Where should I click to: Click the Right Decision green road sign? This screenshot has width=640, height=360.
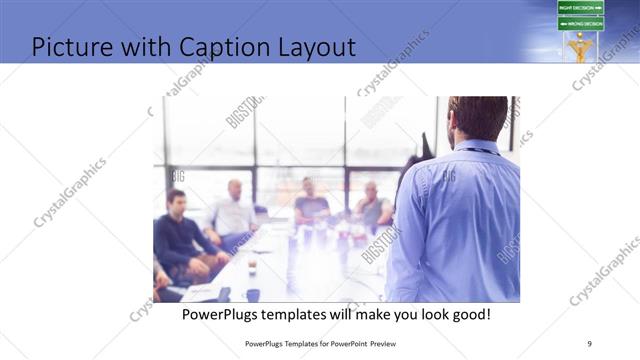tap(580, 8)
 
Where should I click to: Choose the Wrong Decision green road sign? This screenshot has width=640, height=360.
tap(580, 23)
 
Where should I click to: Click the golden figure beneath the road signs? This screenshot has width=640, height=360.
tap(580, 47)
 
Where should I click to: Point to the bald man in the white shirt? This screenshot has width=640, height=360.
tap(233, 211)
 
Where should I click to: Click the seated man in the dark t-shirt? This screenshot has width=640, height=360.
tap(311, 204)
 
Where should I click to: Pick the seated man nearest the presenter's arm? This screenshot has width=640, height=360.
tap(373, 206)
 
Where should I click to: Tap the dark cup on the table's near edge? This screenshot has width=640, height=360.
tap(253, 294)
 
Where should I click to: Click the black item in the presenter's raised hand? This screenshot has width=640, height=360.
tap(424, 146)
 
